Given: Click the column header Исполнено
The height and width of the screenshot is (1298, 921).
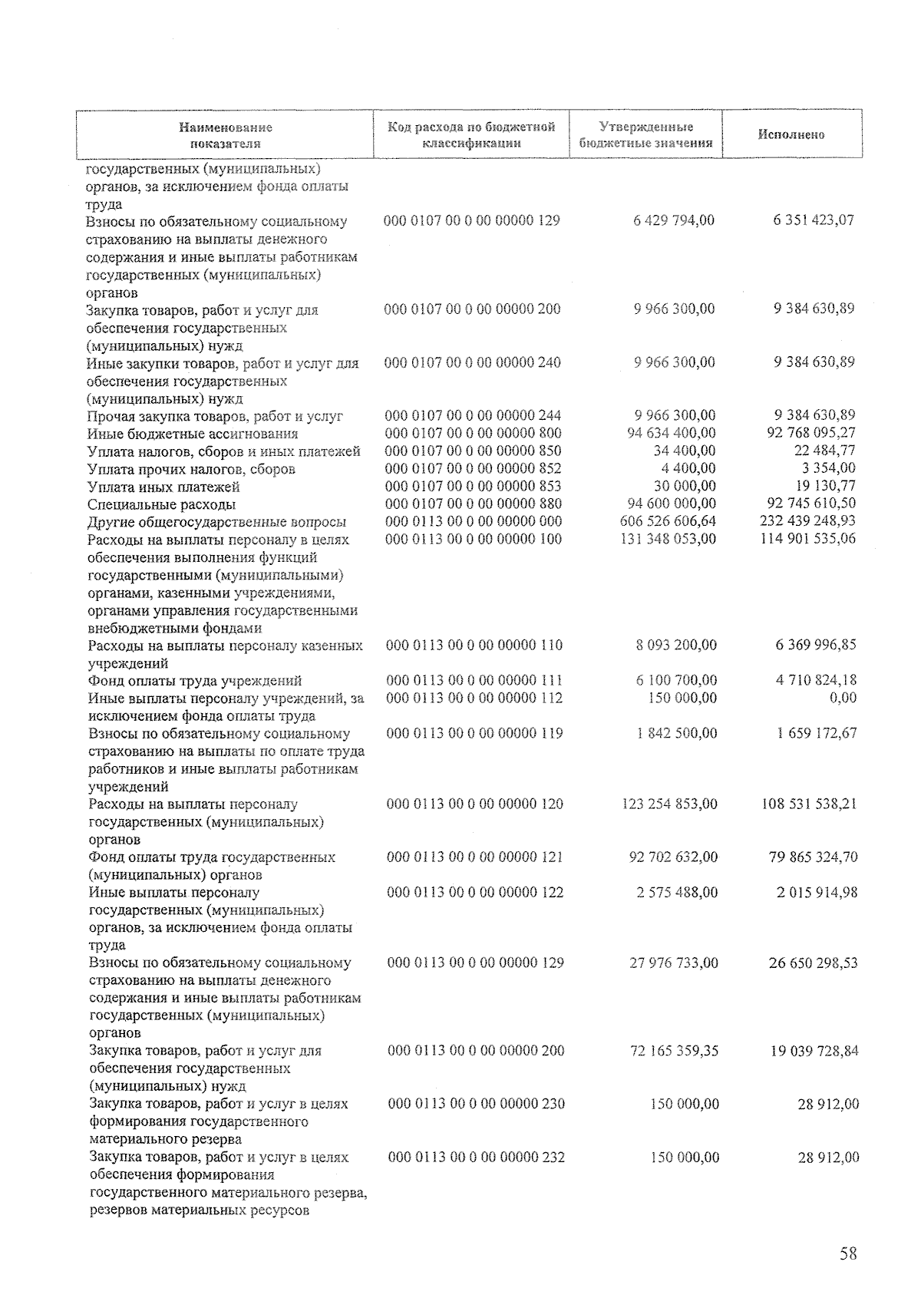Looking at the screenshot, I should coord(791,135).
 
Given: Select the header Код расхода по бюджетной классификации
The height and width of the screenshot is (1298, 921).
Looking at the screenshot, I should coord(471,135).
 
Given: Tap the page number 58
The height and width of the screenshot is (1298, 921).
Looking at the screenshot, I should coord(847,1253).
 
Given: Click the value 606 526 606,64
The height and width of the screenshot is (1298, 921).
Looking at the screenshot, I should coord(667,521).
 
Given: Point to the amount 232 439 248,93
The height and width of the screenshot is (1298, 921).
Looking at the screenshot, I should coord(802,521).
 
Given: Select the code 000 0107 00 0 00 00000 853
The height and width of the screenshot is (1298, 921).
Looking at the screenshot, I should coord(474,486).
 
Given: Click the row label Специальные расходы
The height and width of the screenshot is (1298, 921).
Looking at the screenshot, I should coord(162,504).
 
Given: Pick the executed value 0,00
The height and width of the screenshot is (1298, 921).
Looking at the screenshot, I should coord(842,698).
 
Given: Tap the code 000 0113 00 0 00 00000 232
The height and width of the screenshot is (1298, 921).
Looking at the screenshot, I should coord(477,1157).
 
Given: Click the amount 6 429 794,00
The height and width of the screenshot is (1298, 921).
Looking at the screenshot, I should coord(674,220).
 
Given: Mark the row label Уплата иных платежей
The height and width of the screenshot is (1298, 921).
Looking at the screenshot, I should coord(163,487).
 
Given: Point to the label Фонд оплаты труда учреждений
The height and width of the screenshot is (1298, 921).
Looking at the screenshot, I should coord(195,681).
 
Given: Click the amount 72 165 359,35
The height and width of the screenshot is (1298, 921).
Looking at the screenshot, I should coord(674,1050).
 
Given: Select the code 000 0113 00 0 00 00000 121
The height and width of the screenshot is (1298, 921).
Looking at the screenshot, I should coord(475,857).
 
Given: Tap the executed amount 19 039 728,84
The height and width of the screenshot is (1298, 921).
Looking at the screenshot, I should coord(814,1050).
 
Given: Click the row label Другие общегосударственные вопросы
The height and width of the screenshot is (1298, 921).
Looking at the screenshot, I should coord(217,522).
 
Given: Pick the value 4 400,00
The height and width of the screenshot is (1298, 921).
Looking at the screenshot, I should coord(687,468).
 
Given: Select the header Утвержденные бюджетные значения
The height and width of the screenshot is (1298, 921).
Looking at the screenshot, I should coord(645,135).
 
